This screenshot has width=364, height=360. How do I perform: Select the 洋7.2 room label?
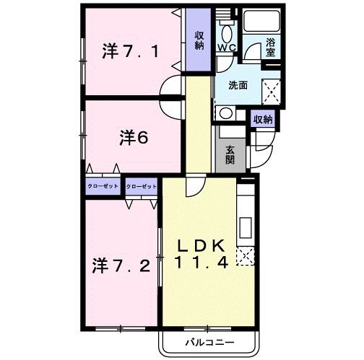pos(121,265)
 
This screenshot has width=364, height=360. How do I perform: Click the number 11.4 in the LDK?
pos(201,264)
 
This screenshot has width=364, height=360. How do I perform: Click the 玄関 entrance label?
pos(229,154)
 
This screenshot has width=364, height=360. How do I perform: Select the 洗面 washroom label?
pos(238,84)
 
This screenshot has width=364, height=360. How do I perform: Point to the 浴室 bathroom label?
pos(271,47)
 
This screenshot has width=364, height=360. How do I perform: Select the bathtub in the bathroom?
pos(261,21)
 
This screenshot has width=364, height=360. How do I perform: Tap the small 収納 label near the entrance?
pos(262,120)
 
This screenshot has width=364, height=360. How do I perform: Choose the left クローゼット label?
pos(103,185)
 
